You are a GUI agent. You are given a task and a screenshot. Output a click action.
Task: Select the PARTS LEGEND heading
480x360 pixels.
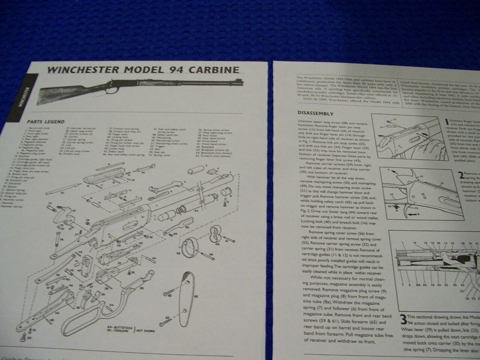tap(46, 121)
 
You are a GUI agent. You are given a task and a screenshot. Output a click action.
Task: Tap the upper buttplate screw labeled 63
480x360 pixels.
tap(170, 291)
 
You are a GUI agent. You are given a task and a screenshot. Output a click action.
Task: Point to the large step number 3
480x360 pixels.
tap(404, 321)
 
